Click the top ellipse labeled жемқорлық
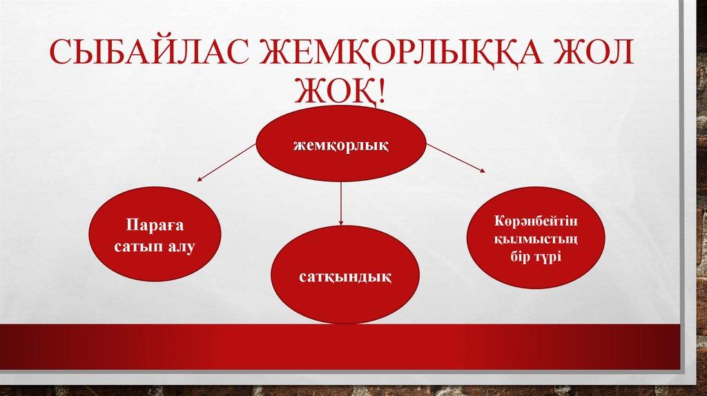click(x=341, y=145)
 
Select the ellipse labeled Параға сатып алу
click(x=156, y=235)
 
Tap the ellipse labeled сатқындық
click(x=341, y=276)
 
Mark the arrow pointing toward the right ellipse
click(x=456, y=157)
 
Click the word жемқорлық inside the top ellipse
click(x=341, y=146)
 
